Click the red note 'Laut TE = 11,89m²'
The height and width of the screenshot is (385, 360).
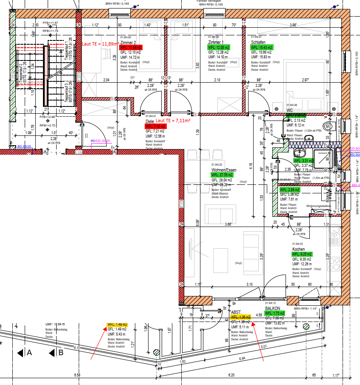[100, 43]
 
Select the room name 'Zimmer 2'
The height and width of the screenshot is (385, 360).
[128, 43]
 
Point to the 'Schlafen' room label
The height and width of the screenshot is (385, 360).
[258, 43]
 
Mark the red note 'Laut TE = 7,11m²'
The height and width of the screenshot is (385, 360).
[173, 121]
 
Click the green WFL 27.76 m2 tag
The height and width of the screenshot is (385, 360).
[222, 175]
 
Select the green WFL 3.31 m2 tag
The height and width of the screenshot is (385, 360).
[303, 161]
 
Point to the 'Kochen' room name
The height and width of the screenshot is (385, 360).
[299, 249]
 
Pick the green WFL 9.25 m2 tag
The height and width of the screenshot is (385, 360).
[302, 254]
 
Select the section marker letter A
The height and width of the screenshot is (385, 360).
[29, 353]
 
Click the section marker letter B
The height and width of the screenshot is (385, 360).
[61, 353]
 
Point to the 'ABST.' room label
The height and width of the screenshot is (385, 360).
[236, 312]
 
